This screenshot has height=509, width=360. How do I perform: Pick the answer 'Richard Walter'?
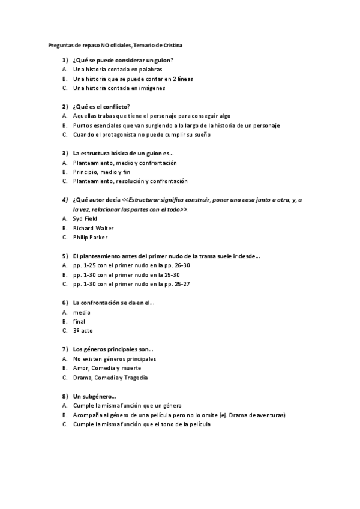[x=93, y=228]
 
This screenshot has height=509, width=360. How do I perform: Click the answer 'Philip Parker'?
[x=90, y=237]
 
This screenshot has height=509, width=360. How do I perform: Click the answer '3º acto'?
[x=83, y=330]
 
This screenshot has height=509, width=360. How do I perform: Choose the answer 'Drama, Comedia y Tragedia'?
[x=110, y=378]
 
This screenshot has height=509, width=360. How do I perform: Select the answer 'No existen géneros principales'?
[x=115, y=359]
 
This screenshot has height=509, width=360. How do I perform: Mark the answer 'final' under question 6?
[x=79, y=321]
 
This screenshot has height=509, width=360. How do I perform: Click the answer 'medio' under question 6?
[x=82, y=312]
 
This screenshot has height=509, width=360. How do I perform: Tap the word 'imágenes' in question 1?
[x=151, y=88]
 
